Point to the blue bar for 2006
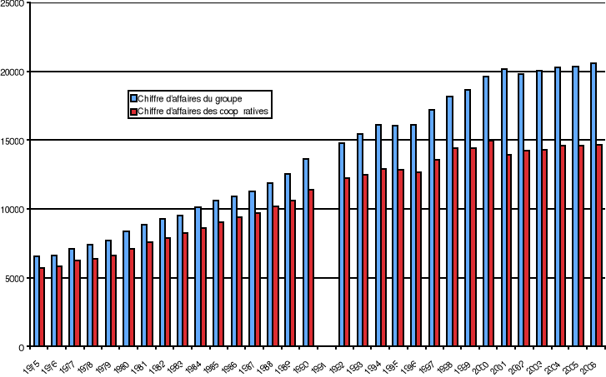click(x=593, y=205)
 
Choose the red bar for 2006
click(x=599, y=246)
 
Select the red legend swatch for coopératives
click(x=133, y=110)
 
